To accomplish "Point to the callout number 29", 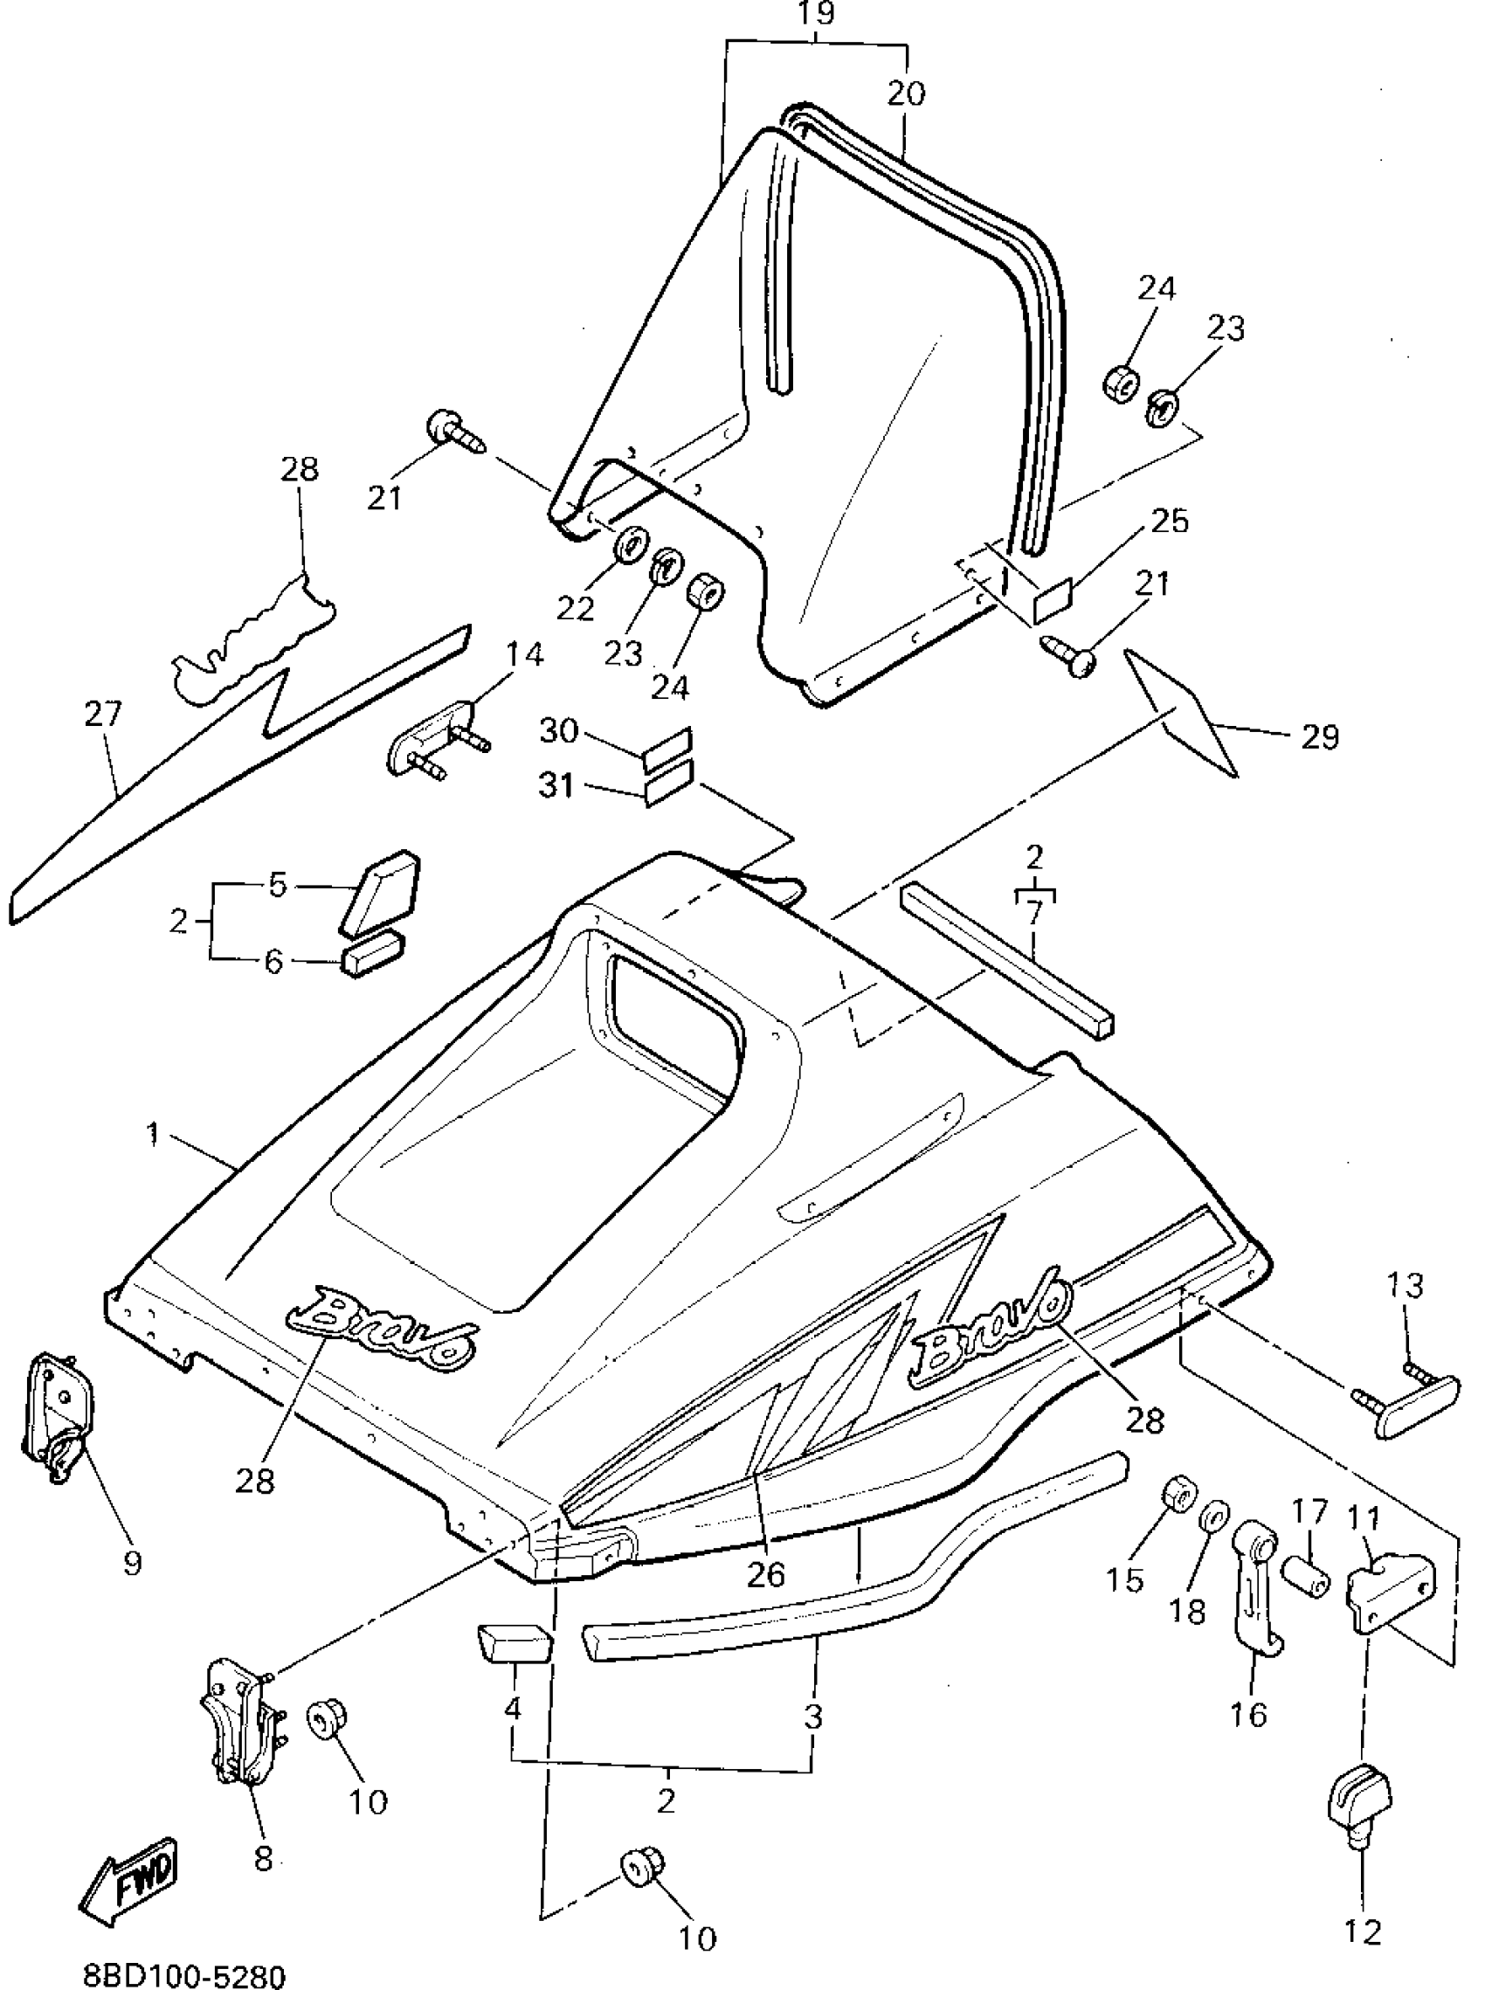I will pos(1319,736).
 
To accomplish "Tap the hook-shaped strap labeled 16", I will pos(1256,1581).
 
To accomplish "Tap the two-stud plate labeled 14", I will pos(432,744).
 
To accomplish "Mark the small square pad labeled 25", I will pos(1054,599).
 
